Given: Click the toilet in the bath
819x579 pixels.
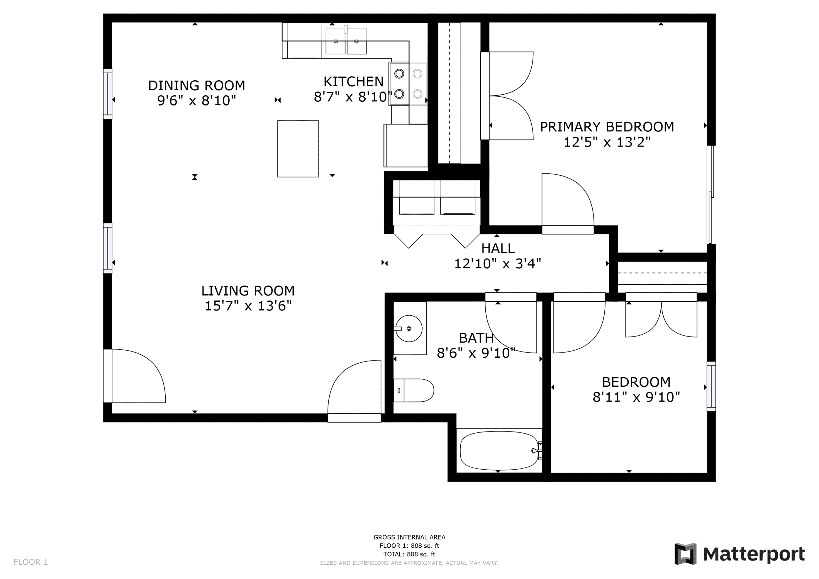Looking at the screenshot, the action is pos(413,390).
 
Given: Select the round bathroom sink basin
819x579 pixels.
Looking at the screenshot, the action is pos(409,329).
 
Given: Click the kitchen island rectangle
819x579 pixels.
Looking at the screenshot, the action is pos(298,149).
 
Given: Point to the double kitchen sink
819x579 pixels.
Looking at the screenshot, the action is pos(346,41).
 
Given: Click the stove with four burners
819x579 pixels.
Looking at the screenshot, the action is pos(409,84).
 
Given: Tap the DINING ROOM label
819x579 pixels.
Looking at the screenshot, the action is pos(196,86).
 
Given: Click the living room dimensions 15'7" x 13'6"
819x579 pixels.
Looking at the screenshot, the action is pos(248,306).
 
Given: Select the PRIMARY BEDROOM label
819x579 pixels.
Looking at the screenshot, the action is pos(607,127).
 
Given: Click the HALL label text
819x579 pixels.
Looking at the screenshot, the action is pos(498,248).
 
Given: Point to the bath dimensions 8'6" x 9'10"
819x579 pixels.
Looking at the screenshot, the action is pos(476,353).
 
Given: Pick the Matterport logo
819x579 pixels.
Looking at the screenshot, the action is pos(739,554).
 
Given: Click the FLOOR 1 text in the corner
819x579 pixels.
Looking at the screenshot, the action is pos(31,562).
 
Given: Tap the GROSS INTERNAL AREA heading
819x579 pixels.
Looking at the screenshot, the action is pos(409,537).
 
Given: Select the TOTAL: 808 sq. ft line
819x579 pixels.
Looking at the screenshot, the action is pos(409,554).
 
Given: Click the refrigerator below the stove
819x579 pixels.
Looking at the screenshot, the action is pos(406,145).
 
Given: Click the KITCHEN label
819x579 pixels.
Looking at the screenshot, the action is pos(354,82).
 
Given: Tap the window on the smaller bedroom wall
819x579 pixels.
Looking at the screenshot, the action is pos(711,386).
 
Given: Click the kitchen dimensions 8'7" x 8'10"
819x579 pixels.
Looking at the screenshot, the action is pos(354,97).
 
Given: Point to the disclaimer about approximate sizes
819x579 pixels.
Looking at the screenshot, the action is pos(409,563).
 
